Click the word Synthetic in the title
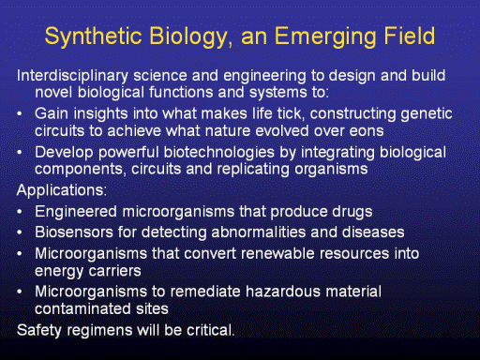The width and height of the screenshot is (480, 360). tap(94, 37)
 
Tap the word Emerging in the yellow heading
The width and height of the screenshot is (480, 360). tap(325, 37)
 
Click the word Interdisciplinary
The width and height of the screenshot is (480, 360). tap(72, 77)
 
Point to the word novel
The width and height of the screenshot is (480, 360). tap(53, 92)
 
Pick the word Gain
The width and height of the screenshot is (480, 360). tap(52, 113)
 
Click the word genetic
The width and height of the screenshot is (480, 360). tap(427, 114)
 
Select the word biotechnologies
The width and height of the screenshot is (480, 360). tap(219, 154)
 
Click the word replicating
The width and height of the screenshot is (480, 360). tap(253, 170)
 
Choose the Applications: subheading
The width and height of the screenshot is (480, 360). tap(62, 190)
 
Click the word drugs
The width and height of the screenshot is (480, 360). tap(352, 213)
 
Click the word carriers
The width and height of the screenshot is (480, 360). tap(115, 271)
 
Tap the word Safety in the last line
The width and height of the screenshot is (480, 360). tap(39, 331)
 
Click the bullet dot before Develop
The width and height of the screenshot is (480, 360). tap(20, 153)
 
